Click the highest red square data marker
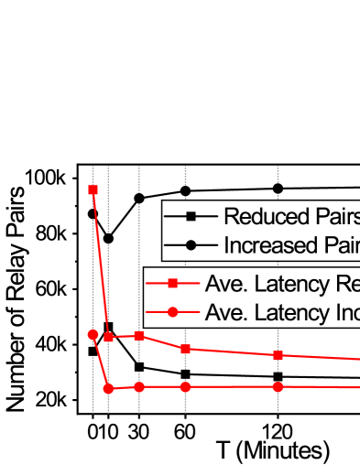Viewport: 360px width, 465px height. [x=93, y=190]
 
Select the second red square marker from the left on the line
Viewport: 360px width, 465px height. [x=108, y=337]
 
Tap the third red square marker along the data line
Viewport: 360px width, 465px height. [x=139, y=336]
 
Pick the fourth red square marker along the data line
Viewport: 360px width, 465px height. [x=185, y=349]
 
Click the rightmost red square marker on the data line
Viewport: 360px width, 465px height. [x=278, y=355]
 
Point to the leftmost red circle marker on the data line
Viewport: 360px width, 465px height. [x=93, y=335]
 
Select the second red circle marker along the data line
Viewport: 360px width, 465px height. [x=108, y=389]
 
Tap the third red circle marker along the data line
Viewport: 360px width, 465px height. [x=139, y=387]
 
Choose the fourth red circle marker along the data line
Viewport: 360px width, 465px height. [x=185, y=387]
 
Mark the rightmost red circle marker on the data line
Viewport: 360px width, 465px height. [x=278, y=387]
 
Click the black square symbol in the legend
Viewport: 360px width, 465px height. [x=191, y=217]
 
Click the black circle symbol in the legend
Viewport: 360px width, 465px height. [x=191, y=245]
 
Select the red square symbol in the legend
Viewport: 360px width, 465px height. [x=172, y=284]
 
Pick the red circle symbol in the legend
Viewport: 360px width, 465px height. [x=172, y=312]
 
